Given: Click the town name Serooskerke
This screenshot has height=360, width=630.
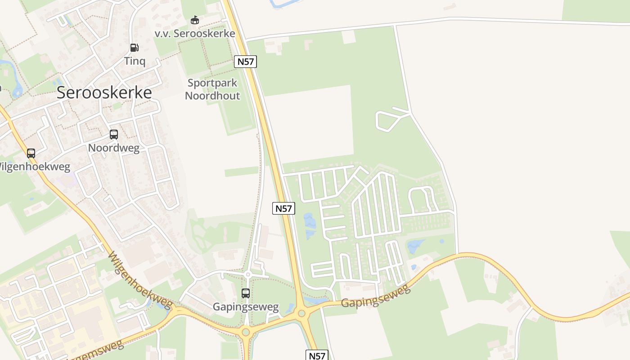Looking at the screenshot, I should point(104,92).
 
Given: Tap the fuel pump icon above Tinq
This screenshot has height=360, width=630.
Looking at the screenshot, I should point(134,47).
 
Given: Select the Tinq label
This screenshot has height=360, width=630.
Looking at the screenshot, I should point(135,61).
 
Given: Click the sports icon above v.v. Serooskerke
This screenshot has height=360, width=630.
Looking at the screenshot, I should point(194,20).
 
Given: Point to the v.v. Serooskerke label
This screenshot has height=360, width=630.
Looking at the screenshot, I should point(195,34).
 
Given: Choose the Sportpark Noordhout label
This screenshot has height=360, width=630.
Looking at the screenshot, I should point(212,89).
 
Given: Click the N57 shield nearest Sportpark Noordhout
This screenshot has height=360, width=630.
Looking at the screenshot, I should point(245,62).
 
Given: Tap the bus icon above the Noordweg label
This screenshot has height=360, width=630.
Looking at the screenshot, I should point(114,134).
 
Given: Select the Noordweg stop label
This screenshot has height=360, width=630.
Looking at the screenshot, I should point(114,148).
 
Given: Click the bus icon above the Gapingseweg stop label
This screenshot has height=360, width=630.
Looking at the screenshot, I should point(246,293).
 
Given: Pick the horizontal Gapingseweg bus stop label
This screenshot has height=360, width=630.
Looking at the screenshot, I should point(246,307).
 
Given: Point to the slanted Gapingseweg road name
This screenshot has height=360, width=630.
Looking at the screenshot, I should point(376,297).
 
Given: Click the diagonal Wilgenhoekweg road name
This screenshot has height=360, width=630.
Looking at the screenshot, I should point(140,281).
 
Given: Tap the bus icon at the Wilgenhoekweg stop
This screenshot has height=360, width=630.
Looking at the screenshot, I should point(31,153).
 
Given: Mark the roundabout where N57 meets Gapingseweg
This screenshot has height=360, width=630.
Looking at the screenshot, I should point(301,313).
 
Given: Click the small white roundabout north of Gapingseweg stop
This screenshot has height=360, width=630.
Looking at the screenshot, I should point(247,274).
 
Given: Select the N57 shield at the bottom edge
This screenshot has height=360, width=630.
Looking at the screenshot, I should point(317,355).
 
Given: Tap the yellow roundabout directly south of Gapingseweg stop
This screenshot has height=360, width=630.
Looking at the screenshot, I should point(246,333).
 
